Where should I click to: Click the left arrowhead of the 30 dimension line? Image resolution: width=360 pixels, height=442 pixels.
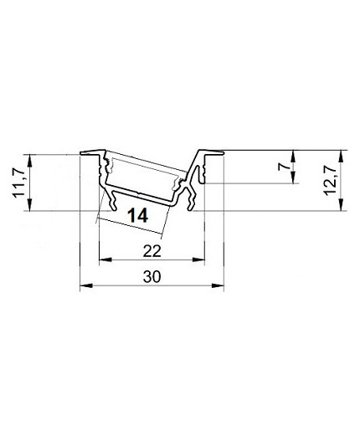pos(83,288)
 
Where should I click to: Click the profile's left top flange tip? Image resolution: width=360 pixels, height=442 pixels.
pos(82,153)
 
